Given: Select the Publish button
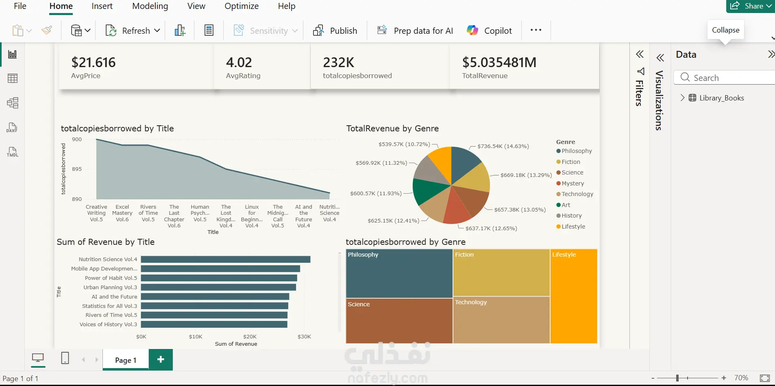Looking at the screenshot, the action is [x=335, y=31].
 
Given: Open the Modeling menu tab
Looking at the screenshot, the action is [x=150, y=6].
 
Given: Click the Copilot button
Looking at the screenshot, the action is [x=489, y=31].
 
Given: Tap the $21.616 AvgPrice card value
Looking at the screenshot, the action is [x=94, y=62].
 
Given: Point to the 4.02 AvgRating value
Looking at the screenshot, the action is [x=239, y=62].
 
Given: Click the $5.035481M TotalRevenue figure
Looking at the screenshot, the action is [x=499, y=62].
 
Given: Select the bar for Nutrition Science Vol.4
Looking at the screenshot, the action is [x=226, y=259].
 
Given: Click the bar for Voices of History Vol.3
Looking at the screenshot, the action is [x=214, y=324].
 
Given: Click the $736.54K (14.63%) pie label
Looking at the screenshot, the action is [x=503, y=146].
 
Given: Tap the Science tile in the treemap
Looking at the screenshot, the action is [x=399, y=321].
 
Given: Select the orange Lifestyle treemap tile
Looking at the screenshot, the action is [x=574, y=296].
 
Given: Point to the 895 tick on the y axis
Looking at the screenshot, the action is [x=77, y=169].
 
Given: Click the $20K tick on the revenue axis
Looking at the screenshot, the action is [x=250, y=336].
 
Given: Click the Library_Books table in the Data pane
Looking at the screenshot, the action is [x=721, y=98].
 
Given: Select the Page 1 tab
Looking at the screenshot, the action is [x=126, y=360].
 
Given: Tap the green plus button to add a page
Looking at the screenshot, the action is [x=161, y=360].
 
